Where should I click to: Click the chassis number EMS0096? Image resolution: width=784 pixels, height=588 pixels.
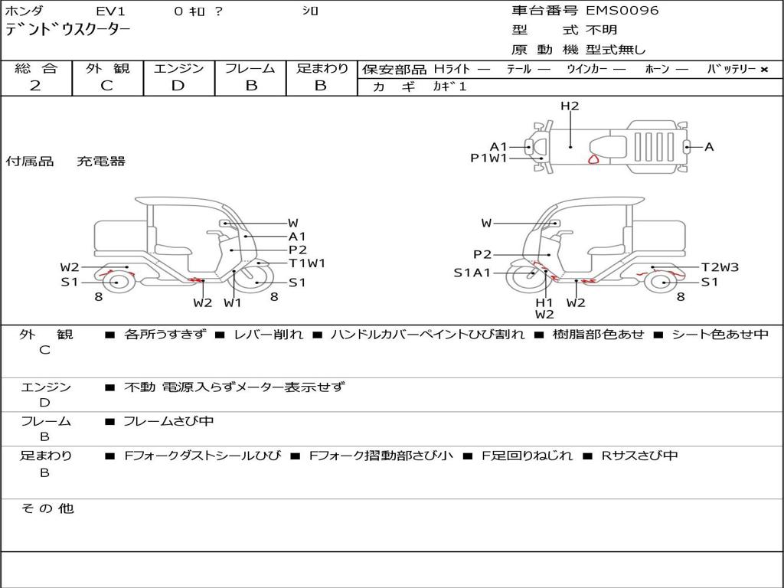pyautogui.click(x=622, y=11)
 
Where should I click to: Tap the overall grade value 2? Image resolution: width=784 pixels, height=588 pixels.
pyautogui.click(x=35, y=86)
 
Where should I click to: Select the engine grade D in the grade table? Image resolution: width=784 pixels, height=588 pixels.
pyautogui.click(x=178, y=86)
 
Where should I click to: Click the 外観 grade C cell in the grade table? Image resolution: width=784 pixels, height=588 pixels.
pyautogui.click(x=106, y=86)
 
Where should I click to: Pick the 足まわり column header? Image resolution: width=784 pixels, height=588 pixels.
pyautogui.click(x=322, y=69)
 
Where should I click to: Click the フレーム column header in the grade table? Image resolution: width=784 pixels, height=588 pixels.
pyautogui.click(x=250, y=69)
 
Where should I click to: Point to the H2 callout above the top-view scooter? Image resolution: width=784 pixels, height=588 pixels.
pyautogui.click(x=570, y=106)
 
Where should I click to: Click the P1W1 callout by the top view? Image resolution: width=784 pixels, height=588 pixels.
pyautogui.click(x=488, y=158)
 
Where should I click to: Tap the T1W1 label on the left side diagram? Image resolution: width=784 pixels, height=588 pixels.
pyautogui.click(x=307, y=263)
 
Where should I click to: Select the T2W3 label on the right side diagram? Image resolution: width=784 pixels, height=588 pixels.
pyautogui.click(x=720, y=267)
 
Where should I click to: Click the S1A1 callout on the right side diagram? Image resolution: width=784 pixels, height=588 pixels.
pyautogui.click(x=472, y=273)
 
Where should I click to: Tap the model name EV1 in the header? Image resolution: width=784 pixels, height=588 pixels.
pyautogui.click(x=110, y=11)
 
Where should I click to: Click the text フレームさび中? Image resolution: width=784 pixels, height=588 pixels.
pyautogui.click(x=168, y=421)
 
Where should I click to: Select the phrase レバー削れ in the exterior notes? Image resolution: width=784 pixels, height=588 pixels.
pyautogui.click(x=268, y=335)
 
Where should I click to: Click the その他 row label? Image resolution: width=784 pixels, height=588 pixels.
pyautogui.click(x=47, y=508)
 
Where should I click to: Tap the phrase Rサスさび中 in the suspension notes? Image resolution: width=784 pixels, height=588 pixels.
pyautogui.click(x=639, y=456)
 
